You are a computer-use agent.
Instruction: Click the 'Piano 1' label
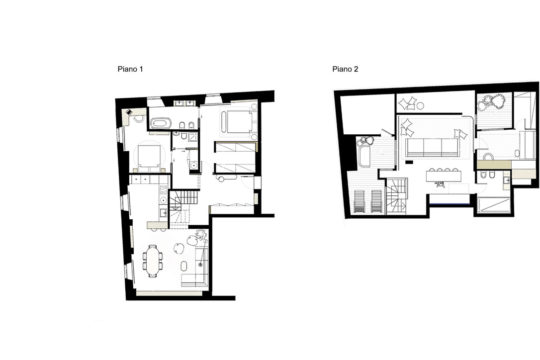[130, 70]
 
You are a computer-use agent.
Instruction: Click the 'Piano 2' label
[345, 70]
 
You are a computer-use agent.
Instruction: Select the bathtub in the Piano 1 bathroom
[161, 123]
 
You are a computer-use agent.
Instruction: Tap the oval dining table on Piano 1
[152, 262]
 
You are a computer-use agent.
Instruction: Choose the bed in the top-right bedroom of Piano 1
[239, 122]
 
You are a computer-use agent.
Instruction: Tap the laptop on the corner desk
[129, 112]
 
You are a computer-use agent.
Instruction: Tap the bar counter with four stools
[444, 177]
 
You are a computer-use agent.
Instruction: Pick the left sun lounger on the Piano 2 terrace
[360, 202]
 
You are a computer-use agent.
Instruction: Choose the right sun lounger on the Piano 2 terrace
[376, 202]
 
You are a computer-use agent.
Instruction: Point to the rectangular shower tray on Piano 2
[493, 205]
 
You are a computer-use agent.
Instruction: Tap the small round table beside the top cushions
[421, 105]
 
